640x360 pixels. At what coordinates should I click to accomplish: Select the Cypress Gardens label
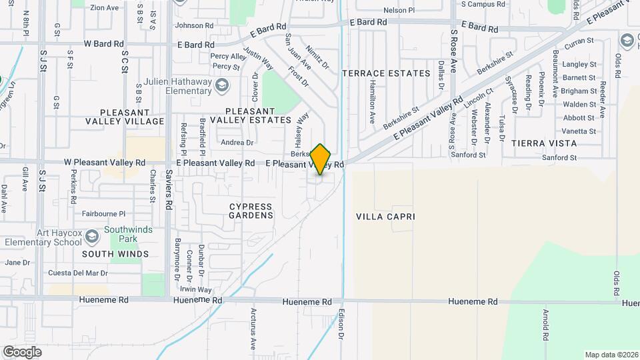251,211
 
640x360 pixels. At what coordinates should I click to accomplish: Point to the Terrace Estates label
386,73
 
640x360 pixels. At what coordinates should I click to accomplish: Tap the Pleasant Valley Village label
125,117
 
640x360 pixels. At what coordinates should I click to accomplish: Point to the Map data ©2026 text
611,355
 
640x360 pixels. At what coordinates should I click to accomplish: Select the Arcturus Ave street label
253,329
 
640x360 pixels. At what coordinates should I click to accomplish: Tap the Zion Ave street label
104,7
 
